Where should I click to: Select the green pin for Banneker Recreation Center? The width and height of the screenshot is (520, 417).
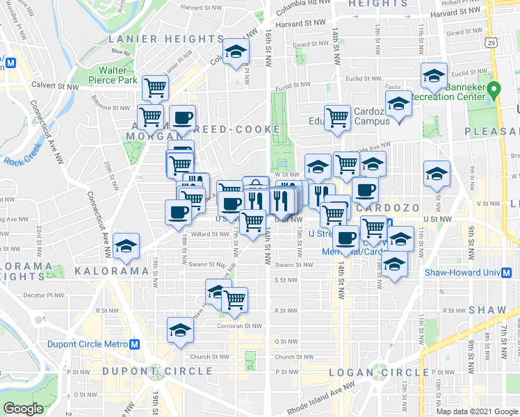[x=494, y=90]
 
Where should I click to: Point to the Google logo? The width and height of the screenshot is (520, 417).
[x=23, y=409]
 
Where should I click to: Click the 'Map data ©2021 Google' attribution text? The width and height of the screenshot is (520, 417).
[x=478, y=411]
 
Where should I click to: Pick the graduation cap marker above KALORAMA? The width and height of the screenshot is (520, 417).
[x=127, y=245]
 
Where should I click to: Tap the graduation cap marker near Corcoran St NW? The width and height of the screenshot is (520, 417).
[x=180, y=329]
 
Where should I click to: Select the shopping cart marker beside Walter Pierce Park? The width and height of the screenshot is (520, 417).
[x=155, y=88]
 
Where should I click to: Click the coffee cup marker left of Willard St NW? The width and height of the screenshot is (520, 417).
[x=177, y=211]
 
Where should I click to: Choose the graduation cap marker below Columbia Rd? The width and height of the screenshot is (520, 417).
[x=236, y=52]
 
